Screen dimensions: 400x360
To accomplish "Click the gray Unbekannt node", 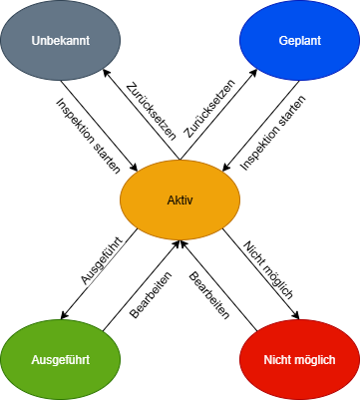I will [60, 43].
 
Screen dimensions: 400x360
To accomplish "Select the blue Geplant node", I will [299, 43].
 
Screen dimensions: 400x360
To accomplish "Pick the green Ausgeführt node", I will [60, 358].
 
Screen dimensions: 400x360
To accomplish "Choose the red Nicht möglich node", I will [299, 358].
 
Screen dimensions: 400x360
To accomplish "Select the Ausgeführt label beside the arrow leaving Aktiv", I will [95, 262].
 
